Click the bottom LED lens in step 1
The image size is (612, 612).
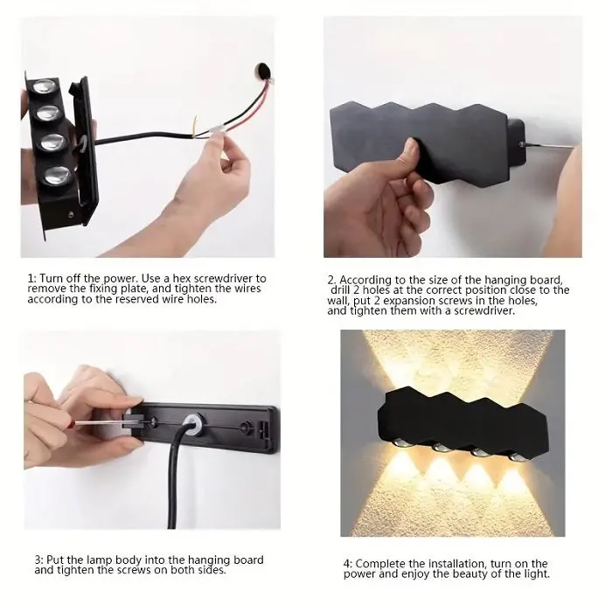pos(56,173)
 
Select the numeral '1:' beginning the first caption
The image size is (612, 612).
pos(32,279)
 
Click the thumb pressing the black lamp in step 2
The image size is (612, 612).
pos(409,155)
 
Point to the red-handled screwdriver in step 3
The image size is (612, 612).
pos(83,423)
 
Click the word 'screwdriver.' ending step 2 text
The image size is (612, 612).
pos(476,310)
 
